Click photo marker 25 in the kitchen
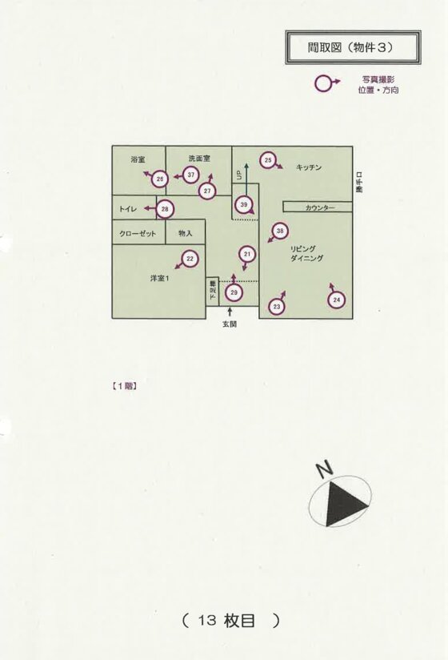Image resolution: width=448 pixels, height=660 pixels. [x=268, y=160]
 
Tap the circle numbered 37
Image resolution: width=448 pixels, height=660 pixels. [x=191, y=175]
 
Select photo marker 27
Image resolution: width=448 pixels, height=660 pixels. [x=207, y=191]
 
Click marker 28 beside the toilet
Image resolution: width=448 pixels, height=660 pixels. [x=165, y=209]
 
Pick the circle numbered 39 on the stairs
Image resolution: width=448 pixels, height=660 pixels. [x=244, y=204]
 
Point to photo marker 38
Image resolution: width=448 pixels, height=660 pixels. [x=280, y=231]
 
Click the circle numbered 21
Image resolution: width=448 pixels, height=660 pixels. [x=247, y=254]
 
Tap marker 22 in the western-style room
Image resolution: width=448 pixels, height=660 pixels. [x=190, y=259]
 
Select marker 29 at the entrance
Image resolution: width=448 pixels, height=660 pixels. [x=234, y=292]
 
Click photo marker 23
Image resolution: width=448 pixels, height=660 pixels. [x=277, y=307]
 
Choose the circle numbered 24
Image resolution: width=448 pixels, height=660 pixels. [x=337, y=300]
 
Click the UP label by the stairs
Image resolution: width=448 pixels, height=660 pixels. [x=239, y=175]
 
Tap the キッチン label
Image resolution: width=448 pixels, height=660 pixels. [x=309, y=167]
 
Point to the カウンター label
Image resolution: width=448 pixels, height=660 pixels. [x=320, y=207]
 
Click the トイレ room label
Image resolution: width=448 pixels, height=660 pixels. [x=128, y=209]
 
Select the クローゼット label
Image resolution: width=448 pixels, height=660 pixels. [x=138, y=234]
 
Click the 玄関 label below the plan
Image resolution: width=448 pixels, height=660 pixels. [x=230, y=324]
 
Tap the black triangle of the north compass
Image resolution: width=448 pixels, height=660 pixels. [x=344, y=504]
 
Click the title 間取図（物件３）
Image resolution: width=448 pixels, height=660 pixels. [x=350, y=47]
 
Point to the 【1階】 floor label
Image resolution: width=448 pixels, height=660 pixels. [x=124, y=385]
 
